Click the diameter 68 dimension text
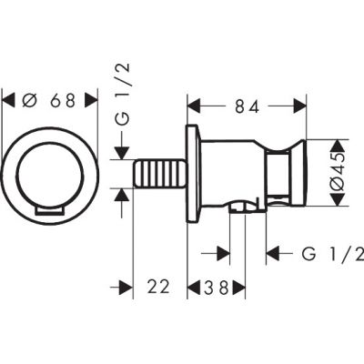[x=48, y=100]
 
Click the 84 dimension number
[x=248, y=106]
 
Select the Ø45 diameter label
[x=339, y=173]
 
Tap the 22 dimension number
[x=158, y=287]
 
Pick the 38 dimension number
[x=216, y=287]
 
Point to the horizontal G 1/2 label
[x=333, y=254]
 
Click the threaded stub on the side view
[x=159, y=173]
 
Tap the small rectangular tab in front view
[x=50, y=210]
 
